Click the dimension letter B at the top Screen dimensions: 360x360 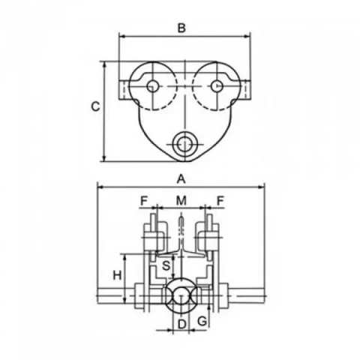click(x=181, y=28)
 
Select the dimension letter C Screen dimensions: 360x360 click(x=95, y=106)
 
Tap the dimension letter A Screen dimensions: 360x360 click(x=181, y=179)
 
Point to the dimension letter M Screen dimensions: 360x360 click(x=181, y=200)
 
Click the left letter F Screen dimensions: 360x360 click(x=144, y=200)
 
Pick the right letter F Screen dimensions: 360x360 click(x=220, y=200)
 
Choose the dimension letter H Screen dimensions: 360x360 click(x=117, y=275)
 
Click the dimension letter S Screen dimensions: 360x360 click(x=166, y=265)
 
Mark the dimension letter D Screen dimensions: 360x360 click(x=182, y=325)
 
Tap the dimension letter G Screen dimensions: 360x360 click(x=202, y=321)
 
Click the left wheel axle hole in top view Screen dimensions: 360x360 click(x=153, y=86)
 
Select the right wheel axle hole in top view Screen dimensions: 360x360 click(x=217, y=86)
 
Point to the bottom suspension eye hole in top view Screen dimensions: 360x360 click(x=184, y=144)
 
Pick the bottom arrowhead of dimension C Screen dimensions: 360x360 click(x=105, y=158)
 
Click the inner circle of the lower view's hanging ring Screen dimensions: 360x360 click(x=181, y=295)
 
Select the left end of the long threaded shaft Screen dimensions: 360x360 click(x=97, y=296)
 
